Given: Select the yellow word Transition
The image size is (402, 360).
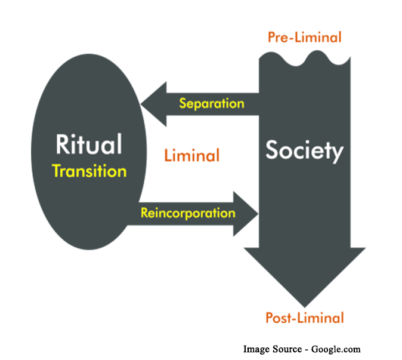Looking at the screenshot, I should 89,171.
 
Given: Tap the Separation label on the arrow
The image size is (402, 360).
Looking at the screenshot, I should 212,103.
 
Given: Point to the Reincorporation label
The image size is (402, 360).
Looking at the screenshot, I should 188,212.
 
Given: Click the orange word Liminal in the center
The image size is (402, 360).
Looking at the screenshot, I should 191,156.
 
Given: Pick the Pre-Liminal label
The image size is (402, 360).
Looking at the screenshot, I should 304,37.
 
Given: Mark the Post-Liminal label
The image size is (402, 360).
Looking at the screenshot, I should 305,318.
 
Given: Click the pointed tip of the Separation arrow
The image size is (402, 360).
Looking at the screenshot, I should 142,104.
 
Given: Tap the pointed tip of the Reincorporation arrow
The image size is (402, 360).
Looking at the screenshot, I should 257,213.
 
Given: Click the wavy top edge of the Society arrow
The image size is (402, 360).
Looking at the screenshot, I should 304,57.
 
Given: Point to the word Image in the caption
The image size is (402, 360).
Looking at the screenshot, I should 256,349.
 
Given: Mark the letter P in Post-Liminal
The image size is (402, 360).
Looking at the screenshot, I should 270,318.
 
